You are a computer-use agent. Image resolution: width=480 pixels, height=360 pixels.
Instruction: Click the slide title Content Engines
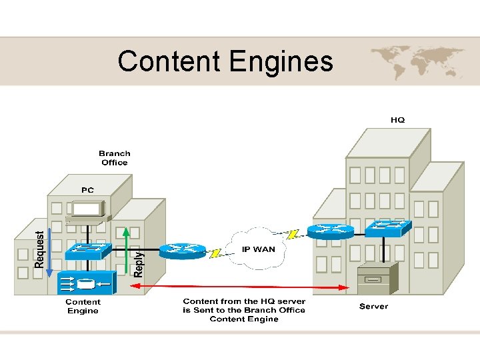(x=225, y=61)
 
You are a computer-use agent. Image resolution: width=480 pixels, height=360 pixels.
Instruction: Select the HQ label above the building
(x=397, y=120)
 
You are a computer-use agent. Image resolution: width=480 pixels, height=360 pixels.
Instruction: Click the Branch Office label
(x=115, y=158)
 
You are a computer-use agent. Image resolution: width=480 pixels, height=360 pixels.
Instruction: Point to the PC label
(x=87, y=190)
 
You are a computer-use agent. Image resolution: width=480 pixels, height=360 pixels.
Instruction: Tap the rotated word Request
(x=39, y=250)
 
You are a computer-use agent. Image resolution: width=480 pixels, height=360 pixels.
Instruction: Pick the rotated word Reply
(x=139, y=263)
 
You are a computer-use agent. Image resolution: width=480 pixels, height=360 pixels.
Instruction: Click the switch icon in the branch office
(x=87, y=251)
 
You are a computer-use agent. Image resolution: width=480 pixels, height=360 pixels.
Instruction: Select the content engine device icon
(x=86, y=283)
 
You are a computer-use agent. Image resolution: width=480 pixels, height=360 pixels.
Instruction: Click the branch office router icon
(x=182, y=249)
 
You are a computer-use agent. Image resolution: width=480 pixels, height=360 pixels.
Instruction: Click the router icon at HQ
(x=331, y=231)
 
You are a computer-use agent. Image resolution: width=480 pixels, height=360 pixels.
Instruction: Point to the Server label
(x=373, y=307)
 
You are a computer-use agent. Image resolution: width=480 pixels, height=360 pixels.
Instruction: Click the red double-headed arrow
(x=240, y=287)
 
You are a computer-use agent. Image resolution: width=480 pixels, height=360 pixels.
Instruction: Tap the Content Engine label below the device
(x=83, y=307)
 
